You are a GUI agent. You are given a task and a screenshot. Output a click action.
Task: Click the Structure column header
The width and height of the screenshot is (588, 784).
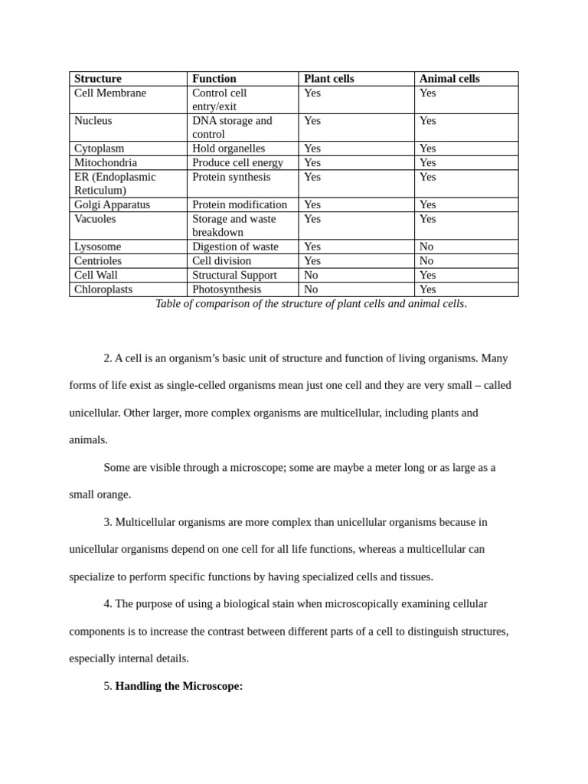click(x=98, y=79)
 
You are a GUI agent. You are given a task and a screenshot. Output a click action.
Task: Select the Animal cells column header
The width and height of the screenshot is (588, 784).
click(x=449, y=79)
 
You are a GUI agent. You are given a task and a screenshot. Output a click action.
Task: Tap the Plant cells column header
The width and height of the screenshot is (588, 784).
click(x=329, y=79)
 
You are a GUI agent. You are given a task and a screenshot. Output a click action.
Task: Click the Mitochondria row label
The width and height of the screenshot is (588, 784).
click(x=106, y=163)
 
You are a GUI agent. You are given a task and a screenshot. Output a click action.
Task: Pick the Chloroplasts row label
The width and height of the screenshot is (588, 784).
click(x=103, y=289)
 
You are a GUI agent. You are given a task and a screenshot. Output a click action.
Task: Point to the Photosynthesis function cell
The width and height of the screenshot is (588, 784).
click(x=227, y=289)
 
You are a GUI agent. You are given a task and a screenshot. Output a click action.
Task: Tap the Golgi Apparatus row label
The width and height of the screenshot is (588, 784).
click(x=112, y=205)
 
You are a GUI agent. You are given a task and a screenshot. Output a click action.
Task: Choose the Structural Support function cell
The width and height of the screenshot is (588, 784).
click(x=234, y=275)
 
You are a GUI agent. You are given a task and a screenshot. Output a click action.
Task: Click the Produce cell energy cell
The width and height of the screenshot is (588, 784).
click(x=237, y=163)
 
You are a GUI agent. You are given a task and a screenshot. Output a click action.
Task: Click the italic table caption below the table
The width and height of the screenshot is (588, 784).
click(x=311, y=304)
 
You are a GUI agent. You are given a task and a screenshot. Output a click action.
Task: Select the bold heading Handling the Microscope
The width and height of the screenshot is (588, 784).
click(x=179, y=686)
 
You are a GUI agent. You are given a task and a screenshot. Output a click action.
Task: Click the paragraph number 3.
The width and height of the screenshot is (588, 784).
click(x=107, y=522)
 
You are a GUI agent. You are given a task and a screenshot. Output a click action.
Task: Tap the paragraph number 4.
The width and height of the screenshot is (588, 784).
click(x=107, y=604)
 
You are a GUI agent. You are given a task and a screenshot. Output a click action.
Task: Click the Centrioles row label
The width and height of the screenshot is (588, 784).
click(x=98, y=261)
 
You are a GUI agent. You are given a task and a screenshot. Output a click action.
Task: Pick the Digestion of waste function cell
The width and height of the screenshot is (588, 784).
click(x=235, y=247)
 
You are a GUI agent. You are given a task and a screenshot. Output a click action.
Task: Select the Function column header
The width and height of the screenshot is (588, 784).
click(x=214, y=79)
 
